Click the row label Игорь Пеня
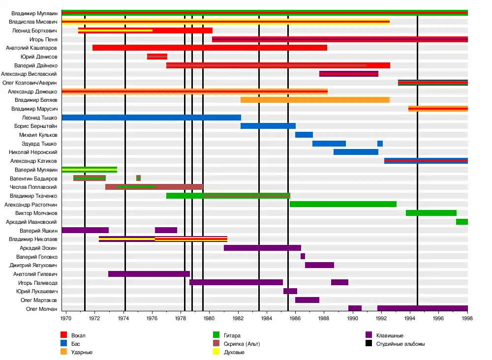point(44,39)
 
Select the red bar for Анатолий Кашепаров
point(210,48)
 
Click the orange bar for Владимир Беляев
point(315,100)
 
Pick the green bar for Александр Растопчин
point(343,204)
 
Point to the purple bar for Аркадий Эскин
point(262,248)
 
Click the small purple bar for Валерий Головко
point(303,256)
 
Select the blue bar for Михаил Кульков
point(304,135)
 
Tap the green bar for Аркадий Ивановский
point(461,222)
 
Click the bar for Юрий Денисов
point(157,57)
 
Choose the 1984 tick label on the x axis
point(267,318)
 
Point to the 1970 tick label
point(65,318)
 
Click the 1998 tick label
point(467,318)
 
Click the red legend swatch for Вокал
point(64,335)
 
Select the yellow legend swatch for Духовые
point(216,352)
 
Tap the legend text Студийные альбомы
point(400,344)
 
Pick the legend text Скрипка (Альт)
point(242,344)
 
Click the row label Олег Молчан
point(42,309)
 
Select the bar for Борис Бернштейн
point(268,126)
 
